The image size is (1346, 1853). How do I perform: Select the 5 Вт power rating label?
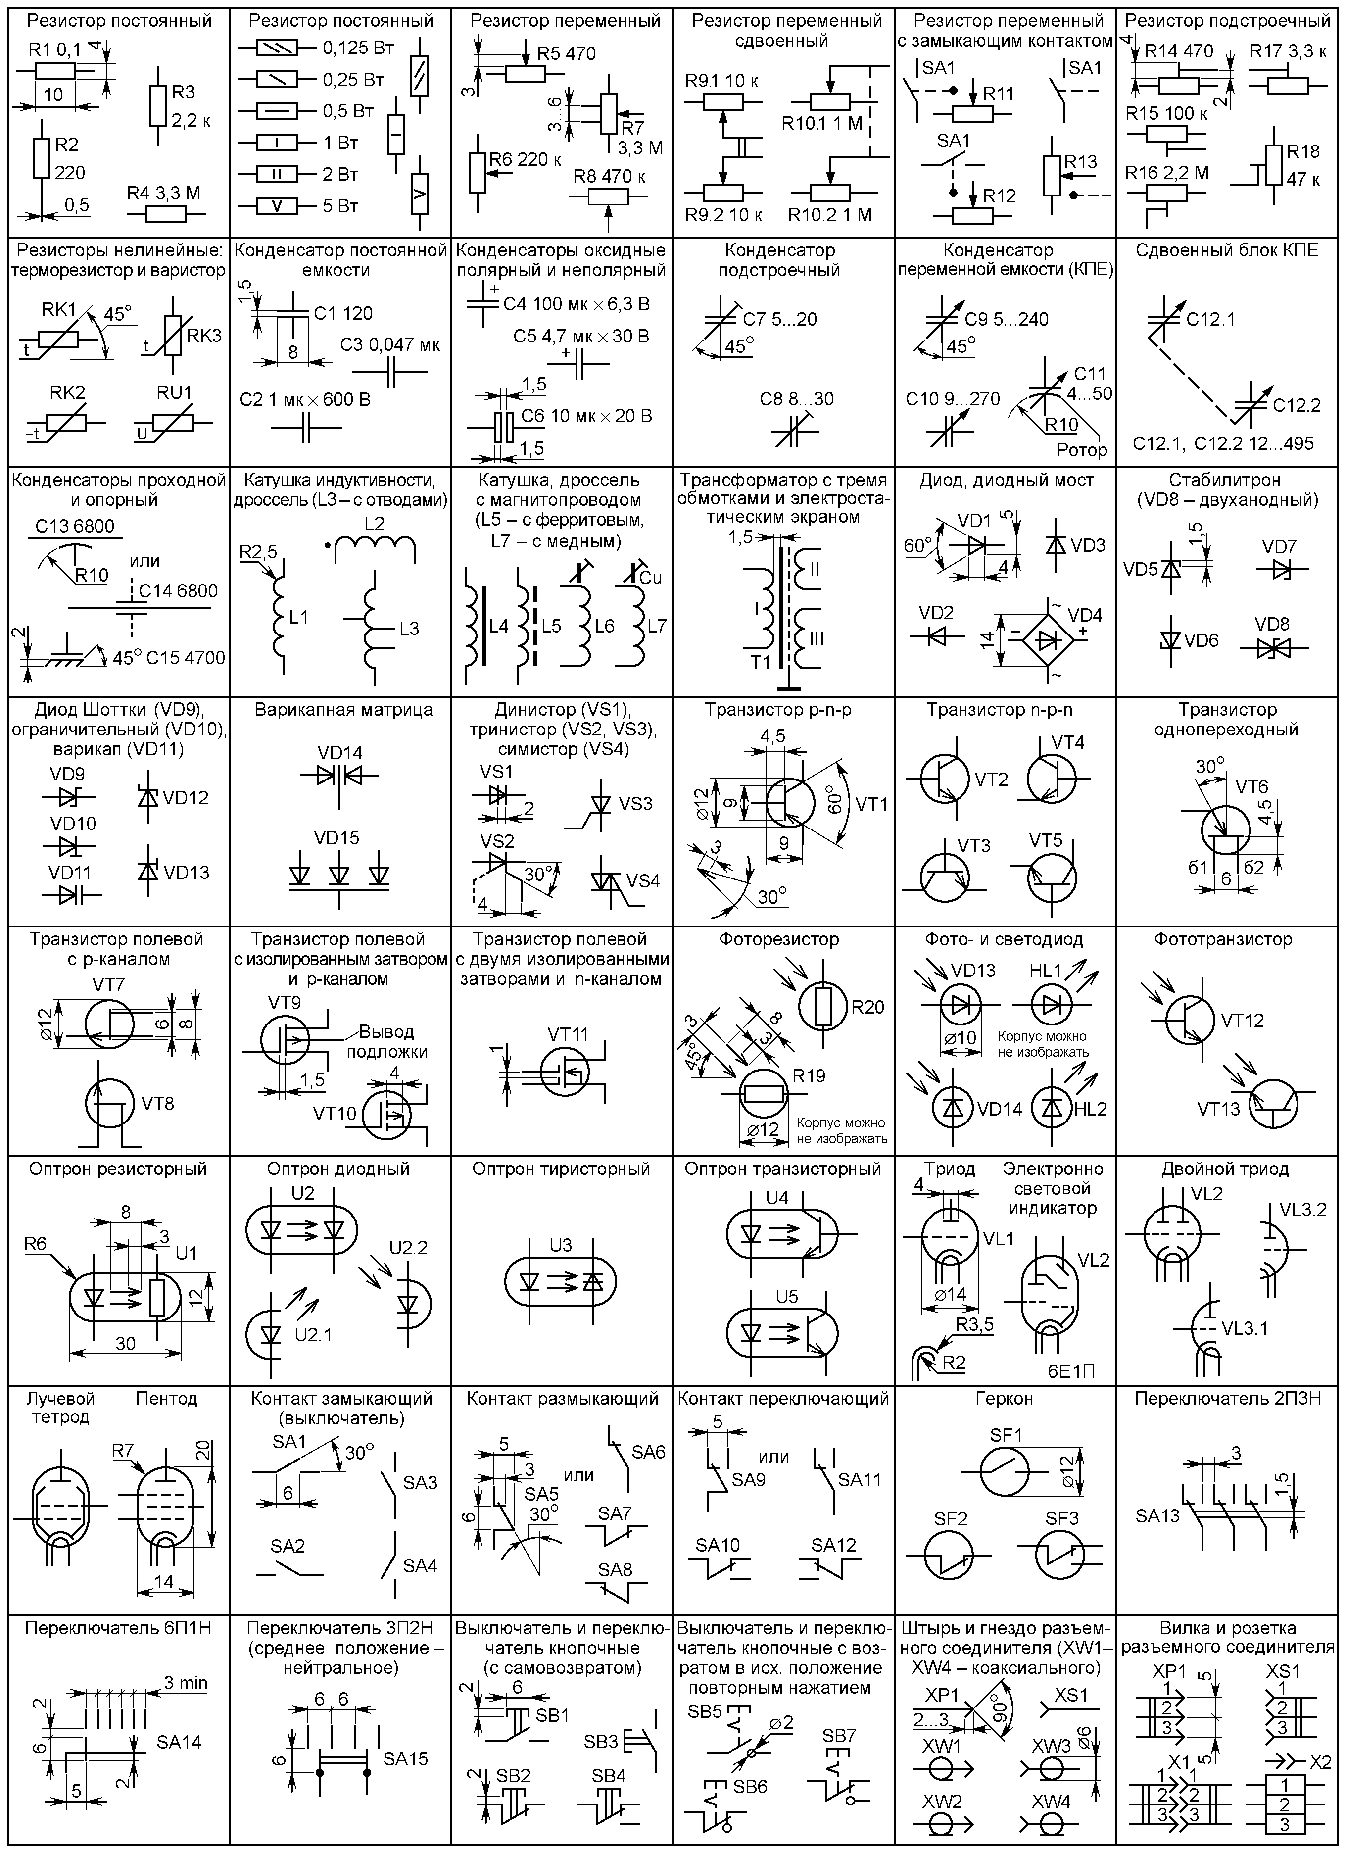coord(340,205)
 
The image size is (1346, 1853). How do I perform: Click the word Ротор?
coord(1081,450)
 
